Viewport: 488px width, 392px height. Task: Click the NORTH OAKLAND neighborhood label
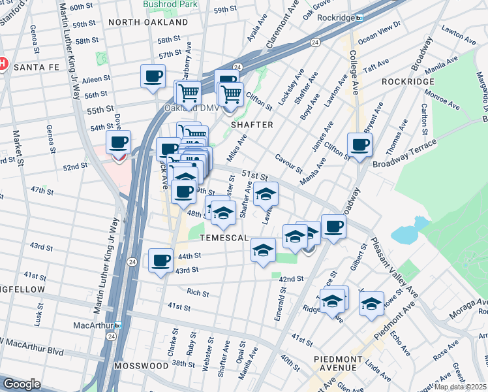coord(148,22)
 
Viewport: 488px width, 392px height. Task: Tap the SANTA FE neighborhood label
coord(36,67)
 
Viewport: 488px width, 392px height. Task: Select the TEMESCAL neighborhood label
coord(224,238)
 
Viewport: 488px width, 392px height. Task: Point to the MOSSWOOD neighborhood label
coord(141,366)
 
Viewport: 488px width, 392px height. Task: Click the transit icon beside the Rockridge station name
coord(359,18)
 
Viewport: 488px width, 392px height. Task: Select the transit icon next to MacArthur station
coord(118,325)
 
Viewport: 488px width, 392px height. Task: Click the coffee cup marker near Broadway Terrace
coord(359,144)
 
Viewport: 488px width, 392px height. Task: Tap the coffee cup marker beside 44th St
coord(160,261)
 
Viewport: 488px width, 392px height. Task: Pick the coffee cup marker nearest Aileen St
coord(153,75)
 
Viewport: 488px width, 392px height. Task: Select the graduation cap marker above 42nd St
coord(264,251)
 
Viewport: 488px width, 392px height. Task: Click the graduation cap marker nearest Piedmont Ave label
coord(371,303)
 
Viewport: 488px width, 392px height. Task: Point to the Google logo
coord(22,384)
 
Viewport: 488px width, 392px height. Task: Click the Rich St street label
coord(198,292)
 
